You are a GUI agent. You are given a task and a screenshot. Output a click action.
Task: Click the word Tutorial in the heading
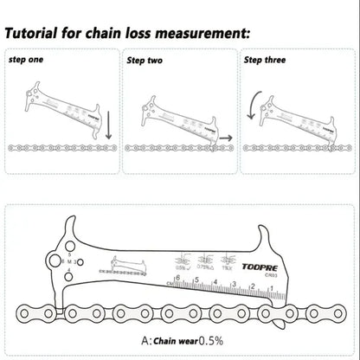point(42,35)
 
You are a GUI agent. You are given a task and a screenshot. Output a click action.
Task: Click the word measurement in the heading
point(208,35)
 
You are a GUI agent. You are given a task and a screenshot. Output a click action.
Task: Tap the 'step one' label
point(25,60)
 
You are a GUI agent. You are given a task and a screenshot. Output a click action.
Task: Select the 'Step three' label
point(265,61)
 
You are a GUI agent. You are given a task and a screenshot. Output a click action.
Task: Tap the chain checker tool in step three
point(299,112)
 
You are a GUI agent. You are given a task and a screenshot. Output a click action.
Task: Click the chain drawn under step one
point(62,150)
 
